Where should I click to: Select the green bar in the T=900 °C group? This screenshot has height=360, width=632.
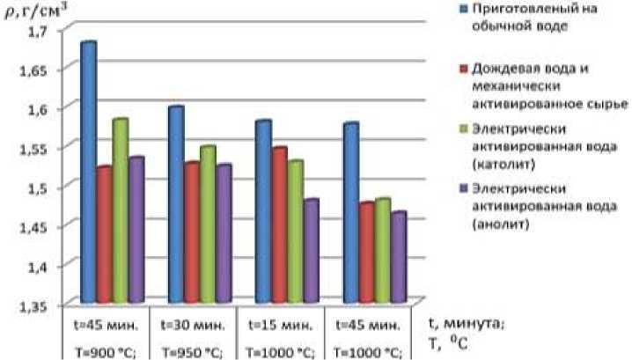pyautogui.click(x=120, y=211)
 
